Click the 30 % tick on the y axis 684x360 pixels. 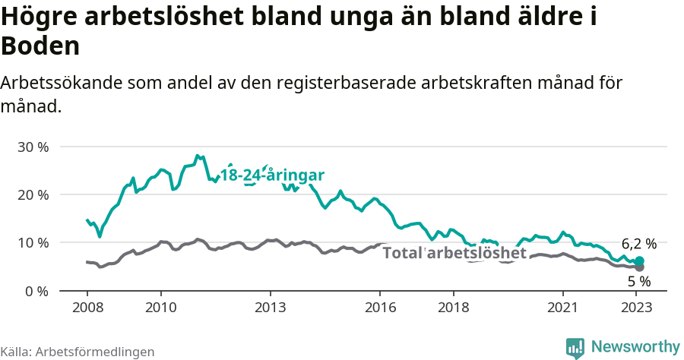pyautogui.click(x=32, y=147)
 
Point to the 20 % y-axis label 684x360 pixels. pyautogui.click(x=32, y=194)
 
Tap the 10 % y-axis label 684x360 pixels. pyautogui.click(x=32, y=243)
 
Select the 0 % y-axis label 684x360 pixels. pyautogui.click(x=36, y=291)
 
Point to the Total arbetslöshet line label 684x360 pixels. pyautogui.click(x=454, y=253)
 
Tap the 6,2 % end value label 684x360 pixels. pyautogui.click(x=638, y=245)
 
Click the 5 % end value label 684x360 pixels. pyautogui.click(x=639, y=281)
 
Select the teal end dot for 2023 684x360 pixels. pyautogui.click(x=639, y=261)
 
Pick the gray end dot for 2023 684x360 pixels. pyautogui.click(x=639, y=267)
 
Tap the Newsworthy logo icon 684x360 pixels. pyautogui.click(x=575, y=348)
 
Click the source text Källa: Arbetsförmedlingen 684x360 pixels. pyautogui.click(x=78, y=352)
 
